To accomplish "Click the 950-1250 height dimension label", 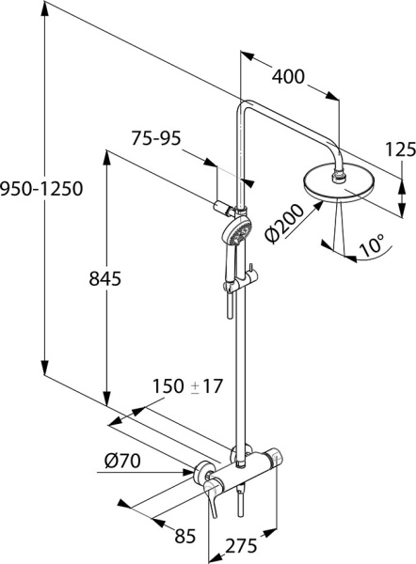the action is point(41,189).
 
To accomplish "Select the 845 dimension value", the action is point(104,278).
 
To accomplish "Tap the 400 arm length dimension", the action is point(288,77).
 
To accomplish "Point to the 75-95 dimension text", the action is point(155,138).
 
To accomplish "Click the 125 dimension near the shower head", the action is point(401,149).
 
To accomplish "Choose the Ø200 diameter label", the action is point(283,224).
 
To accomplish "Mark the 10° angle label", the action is point(372,245).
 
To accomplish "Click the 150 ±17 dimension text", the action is point(187,386).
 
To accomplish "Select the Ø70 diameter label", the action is point(122,461).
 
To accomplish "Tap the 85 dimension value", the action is point(185,536).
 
